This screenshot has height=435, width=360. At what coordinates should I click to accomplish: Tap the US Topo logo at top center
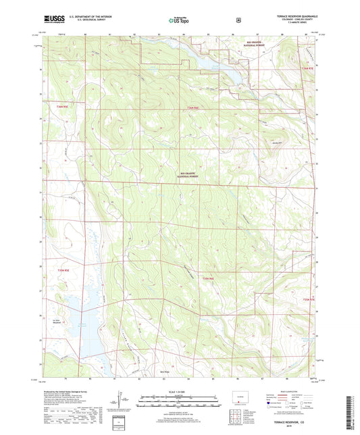pyautogui.click(x=178, y=20)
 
